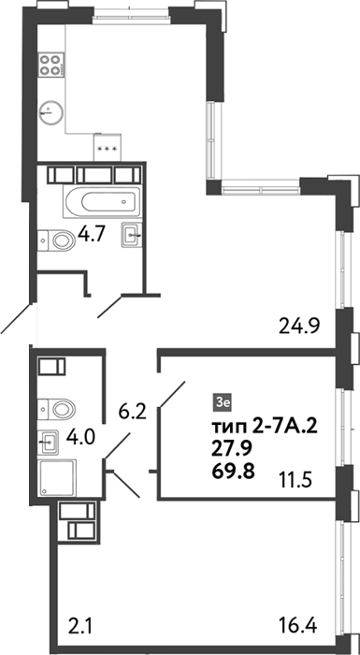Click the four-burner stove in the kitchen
tap(51, 65)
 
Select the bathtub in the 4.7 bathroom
tap(101, 201)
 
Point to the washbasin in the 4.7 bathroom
tap(132, 235)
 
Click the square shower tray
tap(57, 478)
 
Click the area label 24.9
tap(298, 326)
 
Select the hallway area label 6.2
tap(132, 414)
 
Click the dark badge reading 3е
tap(220, 401)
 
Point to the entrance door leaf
tap(17, 318)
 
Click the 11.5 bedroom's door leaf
tap(172, 394)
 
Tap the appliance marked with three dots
tap(108, 148)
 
